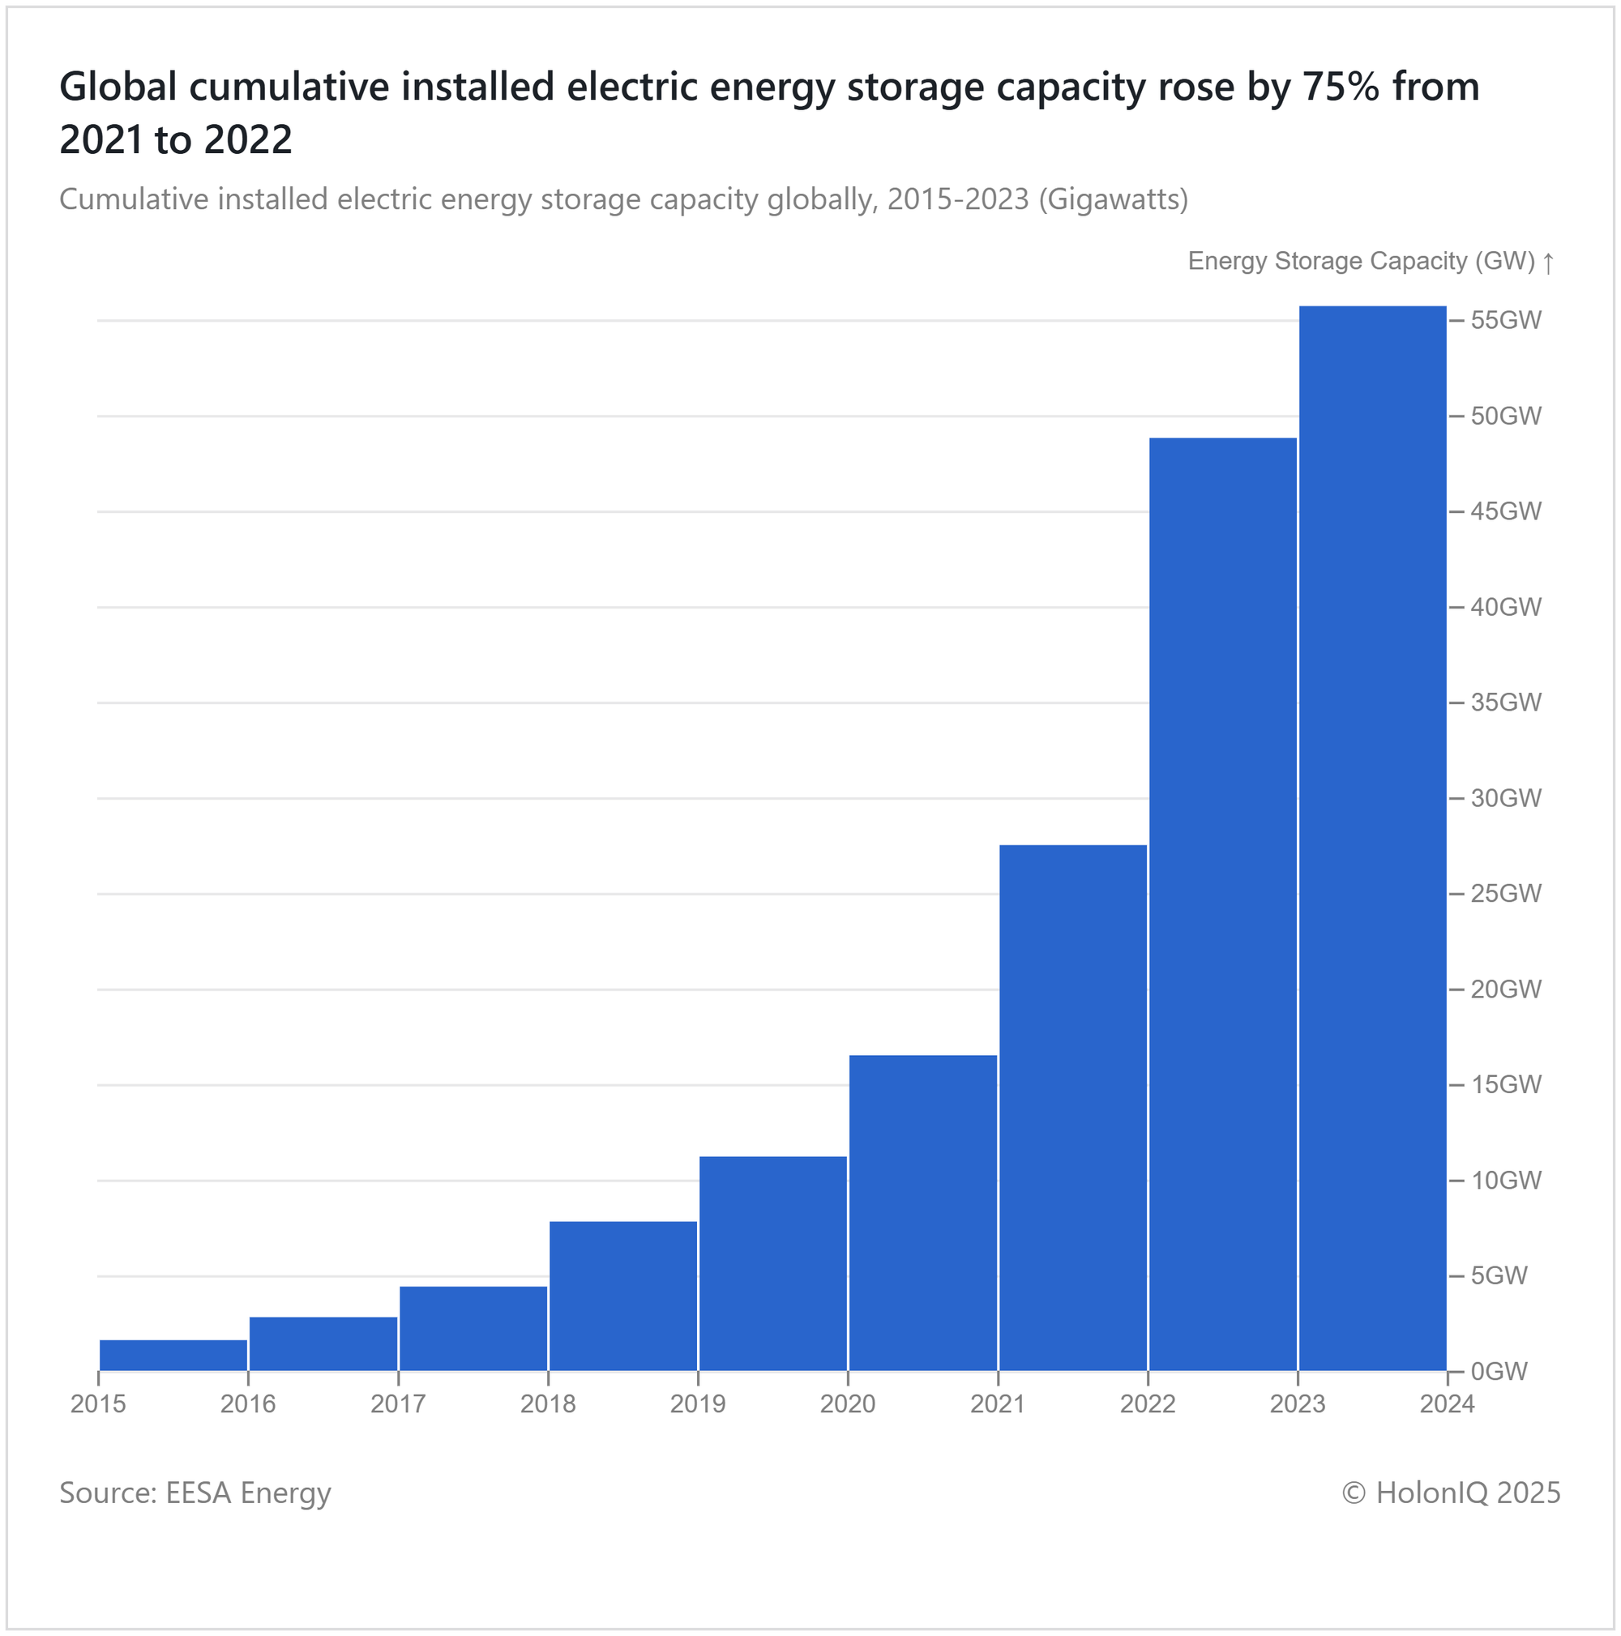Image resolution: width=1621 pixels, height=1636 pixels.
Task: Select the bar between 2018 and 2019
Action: click(x=623, y=1295)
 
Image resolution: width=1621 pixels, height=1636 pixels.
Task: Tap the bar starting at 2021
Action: click(x=1073, y=1107)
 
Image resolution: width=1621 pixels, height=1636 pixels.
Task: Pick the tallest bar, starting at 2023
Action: click(x=1373, y=838)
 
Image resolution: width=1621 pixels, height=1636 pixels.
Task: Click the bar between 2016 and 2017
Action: click(x=323, y=1343)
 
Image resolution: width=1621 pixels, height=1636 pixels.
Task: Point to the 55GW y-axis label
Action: click(x=1506, y=321)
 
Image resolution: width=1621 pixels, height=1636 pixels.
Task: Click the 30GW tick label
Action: click(x=1506, y=798)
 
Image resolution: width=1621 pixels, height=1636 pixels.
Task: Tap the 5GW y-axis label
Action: click(x=1499, y=1275)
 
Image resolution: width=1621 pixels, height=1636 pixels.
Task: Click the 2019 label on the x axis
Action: click(x=698, y=1405)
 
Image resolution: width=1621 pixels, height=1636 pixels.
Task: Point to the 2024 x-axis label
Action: click(x=1448, y=1405)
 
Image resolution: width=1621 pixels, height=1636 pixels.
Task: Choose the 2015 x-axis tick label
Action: click(x=98, y=1405)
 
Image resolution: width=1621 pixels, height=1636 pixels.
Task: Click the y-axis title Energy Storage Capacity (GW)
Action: click(x=1361, y=261)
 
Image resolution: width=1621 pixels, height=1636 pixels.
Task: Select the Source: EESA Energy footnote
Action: click(x=195, y=1493)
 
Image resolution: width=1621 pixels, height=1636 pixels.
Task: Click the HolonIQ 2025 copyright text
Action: click(x=1451, y=1493)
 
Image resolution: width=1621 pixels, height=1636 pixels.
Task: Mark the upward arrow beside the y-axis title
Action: click(x=1548, y=263)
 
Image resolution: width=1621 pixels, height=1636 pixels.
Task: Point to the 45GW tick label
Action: click(x=1506, y=511)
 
